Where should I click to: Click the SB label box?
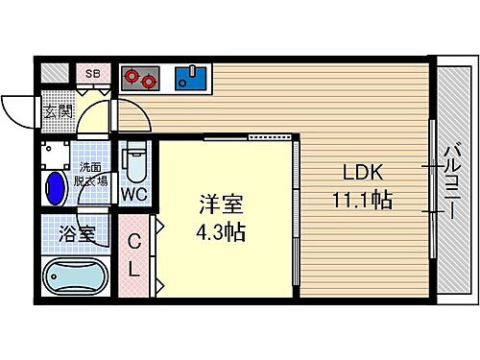(x=93, y=74)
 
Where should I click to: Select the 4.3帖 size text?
(x=222, y=231)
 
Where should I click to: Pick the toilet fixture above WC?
(x=133, y=160)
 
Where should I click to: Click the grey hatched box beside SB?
(x=56, y=74)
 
